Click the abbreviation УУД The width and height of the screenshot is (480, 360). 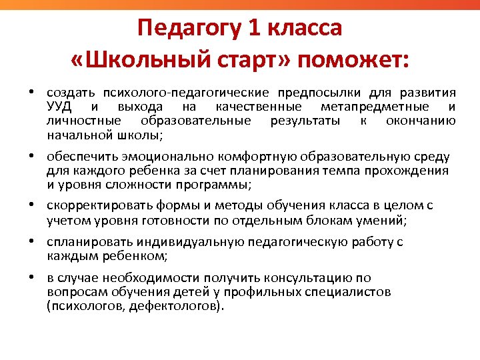[x=60, y=107]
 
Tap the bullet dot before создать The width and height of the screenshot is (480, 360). [x=31, y=93]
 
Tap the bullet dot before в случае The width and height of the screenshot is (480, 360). [x=31, y=278]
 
